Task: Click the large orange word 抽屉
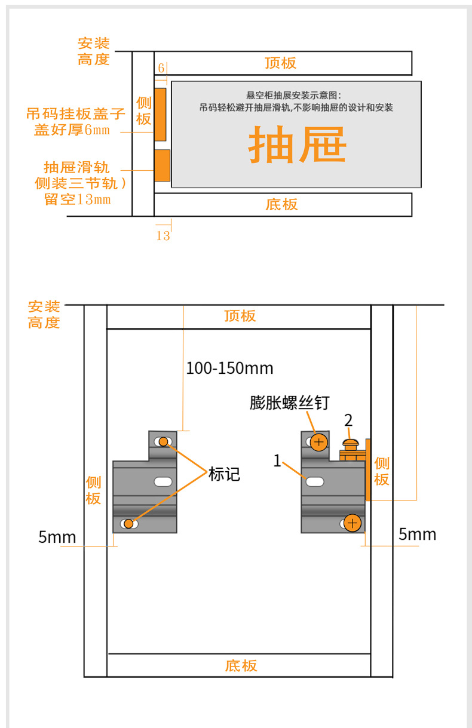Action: [x=297, y=145]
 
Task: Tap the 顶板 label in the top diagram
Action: [x=281, y=63]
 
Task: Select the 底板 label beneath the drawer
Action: [x=281, y=204]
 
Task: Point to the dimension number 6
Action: [x=161, y=68]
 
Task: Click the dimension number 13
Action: [x=163, y=235]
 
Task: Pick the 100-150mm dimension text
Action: [x=229, y=368]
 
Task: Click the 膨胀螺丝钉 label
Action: [x=289, y=403]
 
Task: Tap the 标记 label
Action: [x=224, y=474]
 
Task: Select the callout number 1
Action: [x=277, y=460]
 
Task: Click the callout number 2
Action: [x=348, y=419]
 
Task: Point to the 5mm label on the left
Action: [x=57, y=537]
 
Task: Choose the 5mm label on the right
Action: [x=418, y=534]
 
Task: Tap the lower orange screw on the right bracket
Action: [x=353, y=523]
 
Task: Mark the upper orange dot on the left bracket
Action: [x=164, y=442]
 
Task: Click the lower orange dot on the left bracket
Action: [x=128, y=524]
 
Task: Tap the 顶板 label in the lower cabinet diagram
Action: [x=240, y=316]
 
